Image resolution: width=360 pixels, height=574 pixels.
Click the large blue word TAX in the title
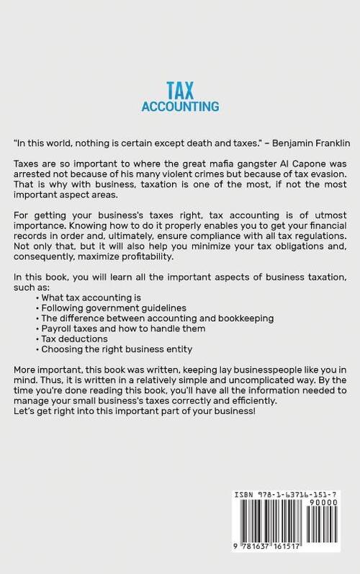click(179, 89)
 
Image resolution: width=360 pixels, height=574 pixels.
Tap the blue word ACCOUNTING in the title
click(179, 107)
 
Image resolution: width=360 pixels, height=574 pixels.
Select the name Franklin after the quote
click(327, 144)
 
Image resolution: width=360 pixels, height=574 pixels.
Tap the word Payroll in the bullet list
click(58, 328)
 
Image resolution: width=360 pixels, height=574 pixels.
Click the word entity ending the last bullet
click(177, 349)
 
